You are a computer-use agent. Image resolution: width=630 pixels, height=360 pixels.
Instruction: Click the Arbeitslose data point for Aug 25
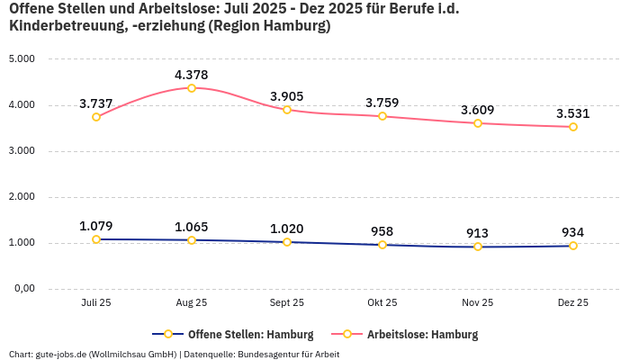(x=192, y=88)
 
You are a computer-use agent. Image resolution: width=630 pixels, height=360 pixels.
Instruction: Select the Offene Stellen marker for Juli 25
(x=96, y=239)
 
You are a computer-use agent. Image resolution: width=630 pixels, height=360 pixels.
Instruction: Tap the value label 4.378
(x=192, y=75)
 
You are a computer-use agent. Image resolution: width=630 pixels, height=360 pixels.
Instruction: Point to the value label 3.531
(x=572, y=113)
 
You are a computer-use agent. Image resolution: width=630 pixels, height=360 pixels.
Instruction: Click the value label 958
(x=382, y=231)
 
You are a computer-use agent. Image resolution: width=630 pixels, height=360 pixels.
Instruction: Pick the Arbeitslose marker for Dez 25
(x=572, y=127)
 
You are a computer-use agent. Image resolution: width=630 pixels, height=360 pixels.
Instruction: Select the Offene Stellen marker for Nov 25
(x=478, y=247)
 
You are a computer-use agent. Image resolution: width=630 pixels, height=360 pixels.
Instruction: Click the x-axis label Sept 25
(x=287, y=303)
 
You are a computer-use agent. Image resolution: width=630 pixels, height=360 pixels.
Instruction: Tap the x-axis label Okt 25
(x=382, y=303)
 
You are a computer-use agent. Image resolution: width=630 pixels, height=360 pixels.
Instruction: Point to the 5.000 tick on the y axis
(x=22, y=59)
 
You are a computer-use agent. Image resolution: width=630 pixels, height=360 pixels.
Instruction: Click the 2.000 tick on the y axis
(x=22, y=197)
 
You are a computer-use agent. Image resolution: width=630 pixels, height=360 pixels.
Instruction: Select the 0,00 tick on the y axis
(x=23, y=289)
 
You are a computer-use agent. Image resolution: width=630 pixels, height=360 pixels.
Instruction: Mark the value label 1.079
(x=96, y=226)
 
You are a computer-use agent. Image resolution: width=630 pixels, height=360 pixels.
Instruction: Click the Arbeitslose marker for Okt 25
(x=382, y=116)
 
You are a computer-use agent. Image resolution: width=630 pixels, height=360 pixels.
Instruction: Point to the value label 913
(x=478, y=233)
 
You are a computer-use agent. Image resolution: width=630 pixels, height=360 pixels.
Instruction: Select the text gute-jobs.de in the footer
(x=62, y=354)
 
